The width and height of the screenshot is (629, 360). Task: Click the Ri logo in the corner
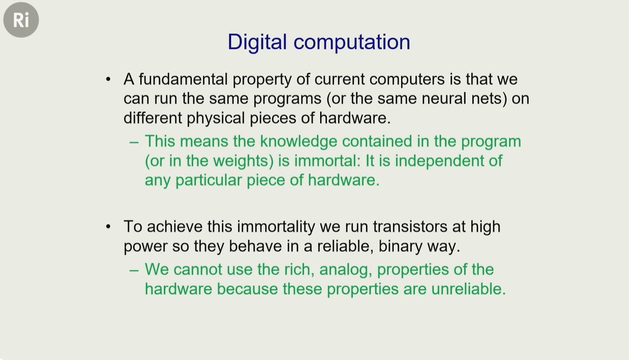tap(21, 19)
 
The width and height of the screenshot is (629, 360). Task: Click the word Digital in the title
tap(257, 43)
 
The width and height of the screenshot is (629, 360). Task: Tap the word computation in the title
tap(352, 43)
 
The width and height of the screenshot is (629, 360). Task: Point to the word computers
tap(407, 80)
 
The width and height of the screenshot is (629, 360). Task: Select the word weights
tap(244, 161)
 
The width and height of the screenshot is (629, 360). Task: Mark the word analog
tap(344, 270)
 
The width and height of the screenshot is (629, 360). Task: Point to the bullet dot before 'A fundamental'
tap(108, 79)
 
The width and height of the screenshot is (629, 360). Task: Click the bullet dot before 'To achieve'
tap(108, 227)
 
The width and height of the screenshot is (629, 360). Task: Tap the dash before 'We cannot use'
tap(134, 270)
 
